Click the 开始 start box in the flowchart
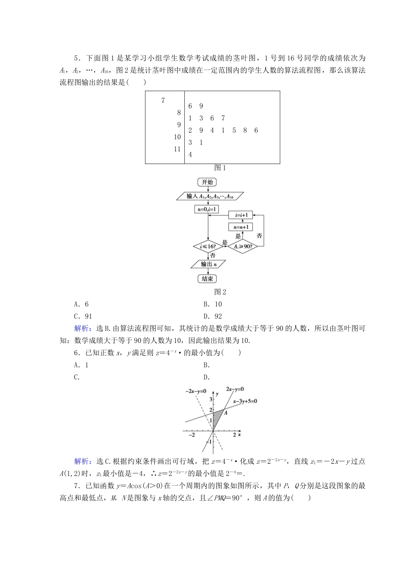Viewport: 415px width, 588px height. (207, 182)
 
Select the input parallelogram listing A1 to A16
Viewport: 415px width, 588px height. (210, 196)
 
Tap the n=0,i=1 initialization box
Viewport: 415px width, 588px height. (207, 209)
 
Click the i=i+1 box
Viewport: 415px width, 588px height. (241, 215)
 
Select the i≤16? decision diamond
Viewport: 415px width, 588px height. (207, 247)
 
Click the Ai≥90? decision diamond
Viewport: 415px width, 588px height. (243, 247)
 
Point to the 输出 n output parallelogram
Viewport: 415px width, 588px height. (207, 264)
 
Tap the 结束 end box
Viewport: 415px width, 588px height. (207, 279)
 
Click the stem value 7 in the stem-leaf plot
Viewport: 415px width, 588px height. (163, 101)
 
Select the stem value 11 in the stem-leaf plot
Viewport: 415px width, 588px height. (177, 149)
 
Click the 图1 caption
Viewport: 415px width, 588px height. (220, 168)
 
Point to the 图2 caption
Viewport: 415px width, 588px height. (220, 292)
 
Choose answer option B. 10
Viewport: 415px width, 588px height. (213, 304)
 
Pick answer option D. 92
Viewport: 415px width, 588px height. (213, 316)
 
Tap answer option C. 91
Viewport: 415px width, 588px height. (83, 316)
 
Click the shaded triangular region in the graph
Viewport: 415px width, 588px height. (217, 418)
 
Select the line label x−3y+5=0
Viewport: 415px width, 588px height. (245, 401)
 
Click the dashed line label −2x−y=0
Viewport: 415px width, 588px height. (195, 391)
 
